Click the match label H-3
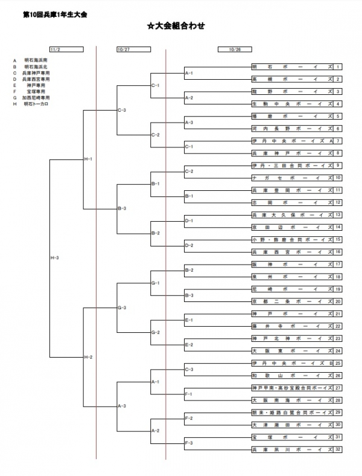pyautogui.click(x=54, y=258)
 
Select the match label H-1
pyautogui.click(x=88, y=158)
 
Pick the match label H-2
pyautogui.click(x=88, y=357)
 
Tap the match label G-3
pyautogui.click(x=121, y=307)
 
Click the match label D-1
pyautogui.click(x=189, y=220)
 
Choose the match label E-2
pyautogui.click(x=189, y=344)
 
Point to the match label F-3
pyautogui.click(x=189, y=443)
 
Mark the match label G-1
pyautogui.click(x=155, y=283)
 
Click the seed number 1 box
pyautogui.click(x=338, y=66)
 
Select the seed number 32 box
pyautogui.click(x=338, y=450)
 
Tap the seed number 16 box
pyautogui.click(x=338, y=252)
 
